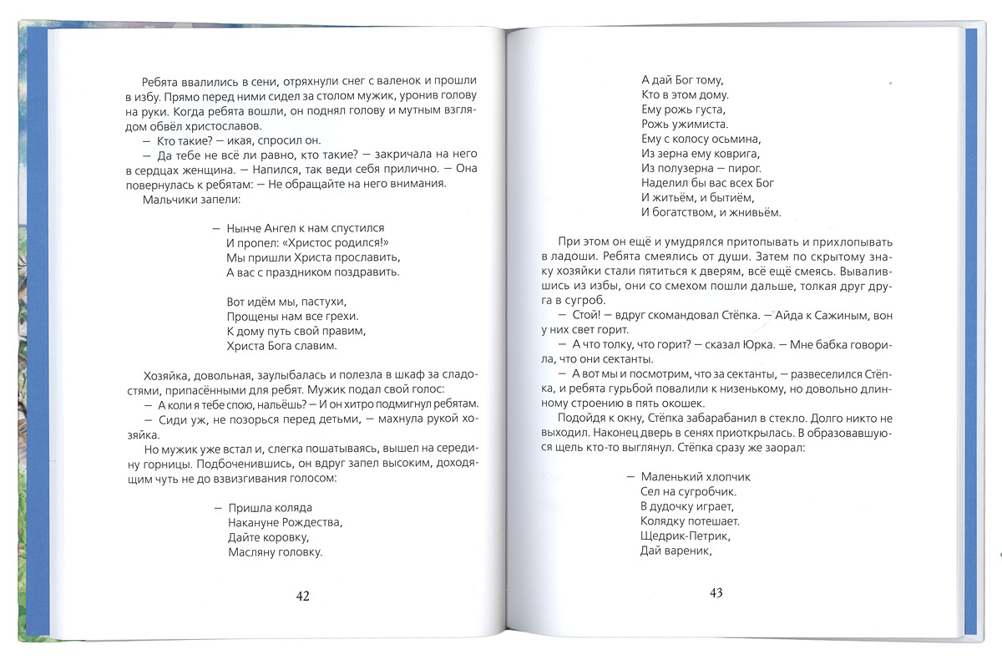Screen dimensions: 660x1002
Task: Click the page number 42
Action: [302, 596]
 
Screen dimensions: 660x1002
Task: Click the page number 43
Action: [715, 593]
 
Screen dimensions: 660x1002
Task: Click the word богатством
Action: [685, 213]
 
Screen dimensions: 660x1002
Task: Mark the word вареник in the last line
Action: [685, 551]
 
